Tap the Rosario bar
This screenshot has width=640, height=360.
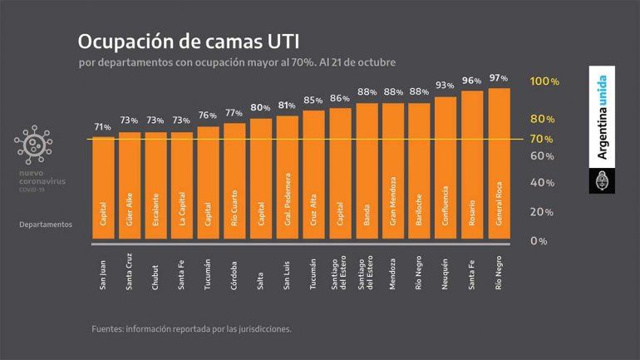click(472, 165)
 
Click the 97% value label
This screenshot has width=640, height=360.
click(499, 78)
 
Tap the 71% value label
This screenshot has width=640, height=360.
click(102, 127)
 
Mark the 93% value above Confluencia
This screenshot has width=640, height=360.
click(446, 86)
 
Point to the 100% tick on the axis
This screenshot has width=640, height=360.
click(544, 81)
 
